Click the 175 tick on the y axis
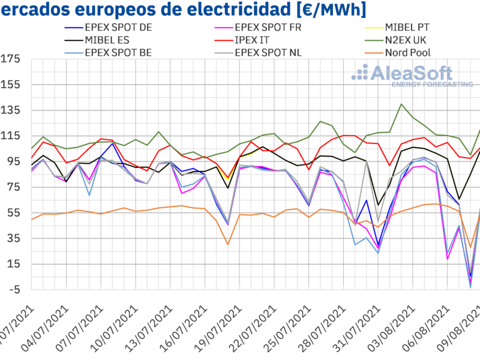[x=11, y=59]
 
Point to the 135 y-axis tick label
[x=11, y=110]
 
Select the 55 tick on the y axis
[x=14, y=213]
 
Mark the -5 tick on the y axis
[x=14, y=290]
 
